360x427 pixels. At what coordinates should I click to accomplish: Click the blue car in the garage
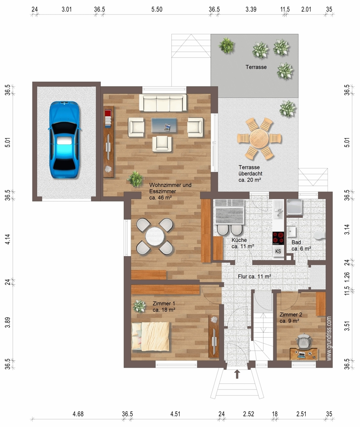point(64,140)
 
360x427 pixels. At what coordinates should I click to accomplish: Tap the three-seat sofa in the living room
point(163,102)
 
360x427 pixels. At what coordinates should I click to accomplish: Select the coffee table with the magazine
point(164,125)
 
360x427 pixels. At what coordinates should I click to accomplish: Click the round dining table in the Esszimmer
point(155,237)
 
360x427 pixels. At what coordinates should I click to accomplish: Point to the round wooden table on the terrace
point(259,138)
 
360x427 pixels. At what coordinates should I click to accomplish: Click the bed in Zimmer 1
point(150,336)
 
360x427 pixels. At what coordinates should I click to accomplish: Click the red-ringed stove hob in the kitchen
point(278,238)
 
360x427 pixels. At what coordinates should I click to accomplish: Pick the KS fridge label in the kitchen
point(278,252)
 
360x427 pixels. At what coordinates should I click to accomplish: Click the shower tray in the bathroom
point(294,208)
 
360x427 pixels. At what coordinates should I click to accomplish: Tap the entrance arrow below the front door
point(237,374)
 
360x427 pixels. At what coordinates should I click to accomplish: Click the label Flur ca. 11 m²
point(255,276)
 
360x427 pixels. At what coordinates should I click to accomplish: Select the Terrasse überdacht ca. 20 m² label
point(250,173)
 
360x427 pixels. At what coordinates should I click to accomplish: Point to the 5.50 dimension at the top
point(157,9)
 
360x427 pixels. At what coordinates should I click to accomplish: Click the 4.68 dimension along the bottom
point(78,414)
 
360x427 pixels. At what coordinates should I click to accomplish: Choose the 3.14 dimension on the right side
point(347,229)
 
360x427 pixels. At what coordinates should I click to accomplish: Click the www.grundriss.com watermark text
point(329,339)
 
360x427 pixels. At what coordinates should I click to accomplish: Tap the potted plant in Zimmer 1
point(139,306)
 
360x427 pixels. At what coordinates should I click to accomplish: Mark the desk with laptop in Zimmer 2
point(304,354)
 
